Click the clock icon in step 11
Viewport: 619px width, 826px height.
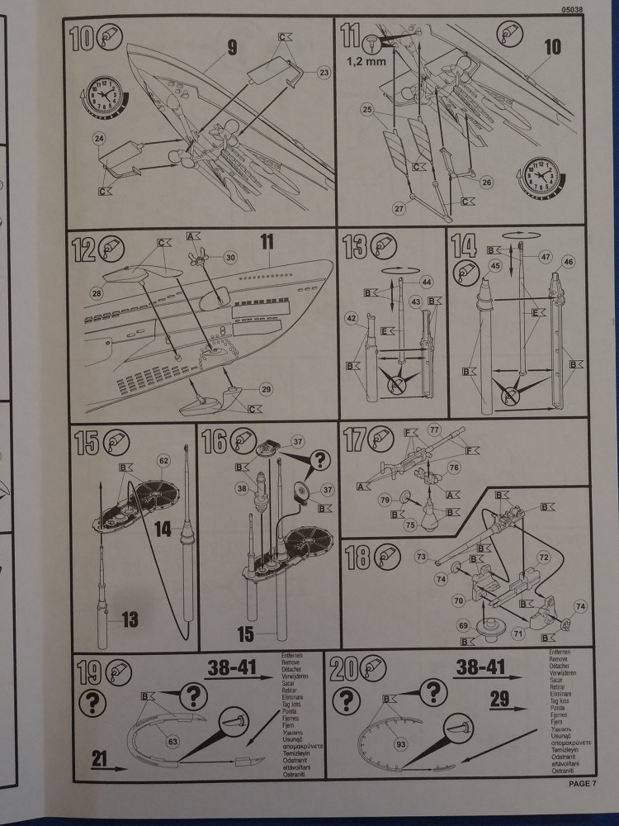(x=541, y=178)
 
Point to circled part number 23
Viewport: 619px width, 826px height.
(x=323, y=73)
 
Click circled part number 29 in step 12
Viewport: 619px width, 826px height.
(x=265, y=387)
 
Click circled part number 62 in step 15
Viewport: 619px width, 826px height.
(x=163, y=459)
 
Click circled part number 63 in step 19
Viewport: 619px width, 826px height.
(x=172, y=741)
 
